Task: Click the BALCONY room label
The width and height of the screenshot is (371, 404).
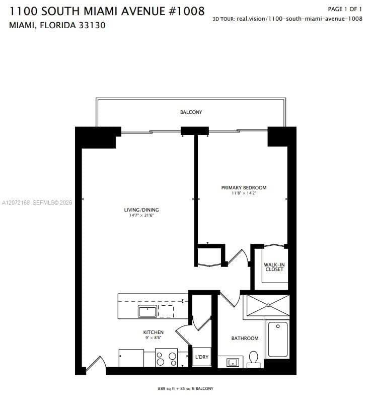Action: [x=191, y=112]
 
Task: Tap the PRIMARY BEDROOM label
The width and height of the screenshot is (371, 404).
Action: [x=244, y=187]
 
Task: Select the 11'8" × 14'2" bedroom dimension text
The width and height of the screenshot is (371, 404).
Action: [x=244, y=193]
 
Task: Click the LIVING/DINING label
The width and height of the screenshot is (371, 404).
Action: [x=141, y=210]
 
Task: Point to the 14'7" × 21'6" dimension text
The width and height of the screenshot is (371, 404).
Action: [x=141, y=215]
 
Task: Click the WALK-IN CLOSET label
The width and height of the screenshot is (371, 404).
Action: [x=274, y=267]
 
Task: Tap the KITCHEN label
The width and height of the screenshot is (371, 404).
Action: [x=153, y=332]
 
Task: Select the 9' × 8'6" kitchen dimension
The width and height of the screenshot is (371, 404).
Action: [x=153, y=338]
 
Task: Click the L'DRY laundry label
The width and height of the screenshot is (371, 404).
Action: [x=201, y=357]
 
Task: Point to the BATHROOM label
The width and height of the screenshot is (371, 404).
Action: [x=245, y=339]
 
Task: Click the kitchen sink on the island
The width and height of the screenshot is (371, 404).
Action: [x=147, y=311]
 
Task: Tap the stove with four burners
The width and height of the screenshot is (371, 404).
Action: [x=166, y=357]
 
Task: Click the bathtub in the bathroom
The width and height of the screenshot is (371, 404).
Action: [x=277, y=339]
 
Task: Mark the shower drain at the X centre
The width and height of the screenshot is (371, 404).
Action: [x=268, y=305]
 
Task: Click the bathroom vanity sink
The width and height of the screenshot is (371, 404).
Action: [x=233, y=363]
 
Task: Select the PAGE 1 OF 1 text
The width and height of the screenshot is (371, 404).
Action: [x=345, y=9]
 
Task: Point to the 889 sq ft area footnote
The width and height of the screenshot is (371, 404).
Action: [x=185, y=388]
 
